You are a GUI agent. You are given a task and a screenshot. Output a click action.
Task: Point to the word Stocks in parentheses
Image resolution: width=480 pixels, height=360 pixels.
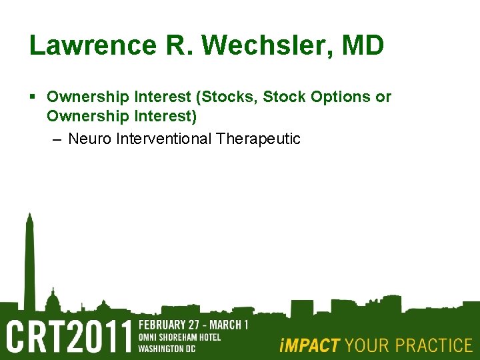[x=230, y=97]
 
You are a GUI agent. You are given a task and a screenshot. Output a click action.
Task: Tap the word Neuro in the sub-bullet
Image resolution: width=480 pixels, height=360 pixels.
[x=89, y=139]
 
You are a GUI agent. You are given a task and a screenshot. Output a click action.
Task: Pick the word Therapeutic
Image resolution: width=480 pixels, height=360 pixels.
[x=258, y=139]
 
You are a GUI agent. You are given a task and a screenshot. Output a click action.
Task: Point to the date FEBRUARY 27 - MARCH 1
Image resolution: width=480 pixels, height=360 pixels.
[x=193, y=325]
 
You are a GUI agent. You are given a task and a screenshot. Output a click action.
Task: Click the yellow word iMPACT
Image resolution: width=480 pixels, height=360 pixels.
[x=310, y=345]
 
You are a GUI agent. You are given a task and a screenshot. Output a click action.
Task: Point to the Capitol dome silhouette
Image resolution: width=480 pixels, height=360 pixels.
[x=53, y=297]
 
